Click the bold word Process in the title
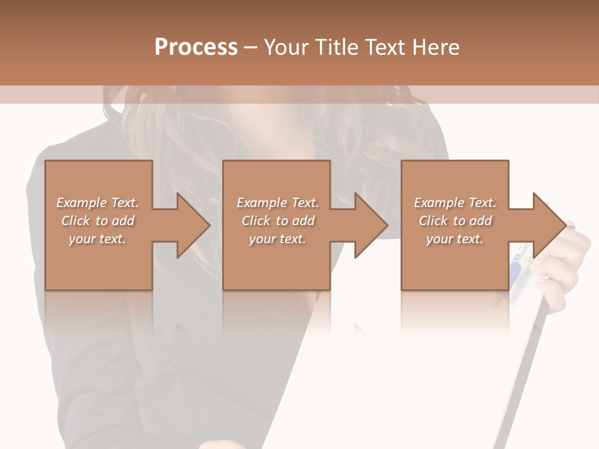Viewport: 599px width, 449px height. (196, 47)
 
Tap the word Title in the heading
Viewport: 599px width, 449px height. (336, 47)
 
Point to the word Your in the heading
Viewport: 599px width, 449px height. (287, 47)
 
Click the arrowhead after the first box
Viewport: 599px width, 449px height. (190, 225)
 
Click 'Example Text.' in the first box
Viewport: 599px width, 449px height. (98, 203)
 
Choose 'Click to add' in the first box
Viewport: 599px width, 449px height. (98, 221)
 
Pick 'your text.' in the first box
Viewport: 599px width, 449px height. (98, 239)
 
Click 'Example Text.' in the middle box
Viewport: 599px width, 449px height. (278, 203)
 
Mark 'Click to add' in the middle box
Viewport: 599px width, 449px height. (278, 221)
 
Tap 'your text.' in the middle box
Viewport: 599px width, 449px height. (278, 239)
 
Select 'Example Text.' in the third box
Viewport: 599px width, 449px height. (455, 203)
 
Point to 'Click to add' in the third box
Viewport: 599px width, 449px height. (455, 221)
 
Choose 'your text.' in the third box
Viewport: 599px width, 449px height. (455, 239)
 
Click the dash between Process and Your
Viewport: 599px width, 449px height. (251, 47)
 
